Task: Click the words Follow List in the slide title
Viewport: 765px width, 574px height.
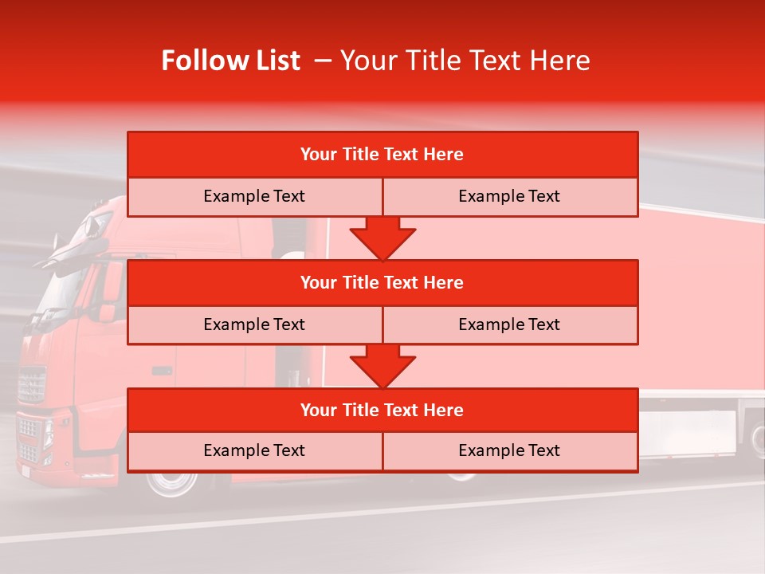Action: pos(230,61)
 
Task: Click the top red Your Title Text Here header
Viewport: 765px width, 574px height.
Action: pos(382,155)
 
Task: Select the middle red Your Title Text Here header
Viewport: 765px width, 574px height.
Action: pos(382,282)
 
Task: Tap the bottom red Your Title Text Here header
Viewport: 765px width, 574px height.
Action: pos(382,410)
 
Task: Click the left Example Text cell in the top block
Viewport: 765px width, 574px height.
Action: pos(254,196)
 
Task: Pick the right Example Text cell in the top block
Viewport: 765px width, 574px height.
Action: pos(509,196)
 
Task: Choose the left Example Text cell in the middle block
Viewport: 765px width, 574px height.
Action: pos(254,324)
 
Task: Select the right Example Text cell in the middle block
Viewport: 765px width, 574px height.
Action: pos(509,324)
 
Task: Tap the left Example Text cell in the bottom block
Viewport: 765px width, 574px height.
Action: pos(254,450)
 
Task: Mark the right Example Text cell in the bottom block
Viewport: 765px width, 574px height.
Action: pos(509,450)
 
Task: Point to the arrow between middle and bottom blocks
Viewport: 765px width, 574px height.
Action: pos(382,366)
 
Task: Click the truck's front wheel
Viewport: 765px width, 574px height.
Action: pos(167,482)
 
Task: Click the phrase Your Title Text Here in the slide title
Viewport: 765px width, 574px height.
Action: pos(465,61)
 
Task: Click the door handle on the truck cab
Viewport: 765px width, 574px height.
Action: pos(162,371)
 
